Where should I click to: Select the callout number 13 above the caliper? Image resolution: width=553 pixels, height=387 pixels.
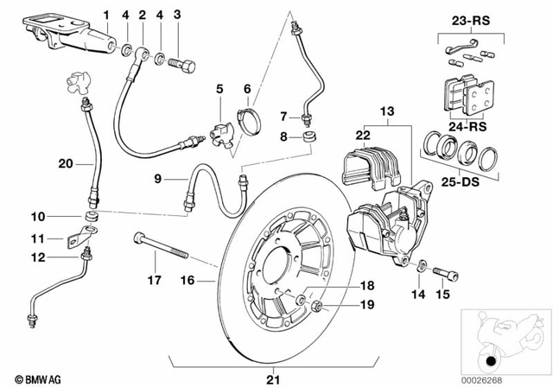pyautogui.click(x=385, y=111)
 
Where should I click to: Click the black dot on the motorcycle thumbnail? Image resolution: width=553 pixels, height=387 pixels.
pyautogui.click(x=492, y=360)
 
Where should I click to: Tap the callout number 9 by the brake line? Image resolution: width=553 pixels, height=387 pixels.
pyautogui.click(x=158, y=179)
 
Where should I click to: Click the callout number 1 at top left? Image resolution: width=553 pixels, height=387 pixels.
pyautogui.click(x=106, y=14)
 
